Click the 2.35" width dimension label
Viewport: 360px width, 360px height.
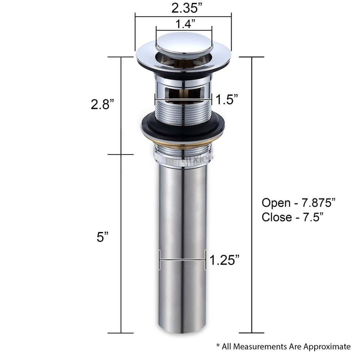183,7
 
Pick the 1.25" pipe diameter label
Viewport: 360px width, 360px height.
225,260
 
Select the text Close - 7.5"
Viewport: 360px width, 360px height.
292,217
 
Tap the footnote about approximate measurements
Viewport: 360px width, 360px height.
283,347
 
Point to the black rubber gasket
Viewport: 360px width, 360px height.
182,128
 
